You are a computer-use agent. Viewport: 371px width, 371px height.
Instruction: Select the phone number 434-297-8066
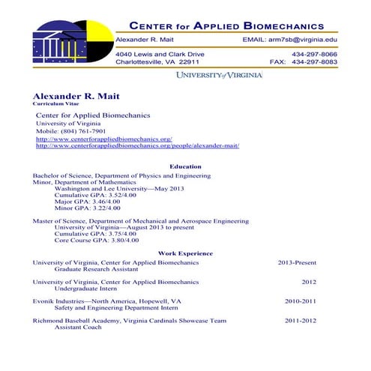tap(314, 55)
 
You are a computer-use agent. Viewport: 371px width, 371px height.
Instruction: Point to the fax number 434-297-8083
tap(314, 62)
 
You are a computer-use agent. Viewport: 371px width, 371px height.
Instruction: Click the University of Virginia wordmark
tap(219, 76)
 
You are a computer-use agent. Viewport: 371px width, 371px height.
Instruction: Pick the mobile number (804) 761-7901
tap(76, 131)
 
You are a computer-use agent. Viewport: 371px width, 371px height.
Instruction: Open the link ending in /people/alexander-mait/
tap(137, 146)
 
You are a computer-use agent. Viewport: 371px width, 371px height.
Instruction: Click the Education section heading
tap(185, 166)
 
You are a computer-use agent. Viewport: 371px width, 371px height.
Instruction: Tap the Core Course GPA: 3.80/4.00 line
tap(97, 241)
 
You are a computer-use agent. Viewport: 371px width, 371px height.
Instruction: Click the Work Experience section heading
tap(185, 253)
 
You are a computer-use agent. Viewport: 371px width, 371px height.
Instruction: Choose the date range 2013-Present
tap(297, 263)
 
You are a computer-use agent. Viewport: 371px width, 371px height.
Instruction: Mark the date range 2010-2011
tap(301, 301)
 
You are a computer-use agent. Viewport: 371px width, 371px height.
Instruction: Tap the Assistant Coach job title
tap(79, 327)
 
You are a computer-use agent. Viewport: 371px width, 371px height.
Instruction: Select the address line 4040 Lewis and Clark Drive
tap(160, 55)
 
